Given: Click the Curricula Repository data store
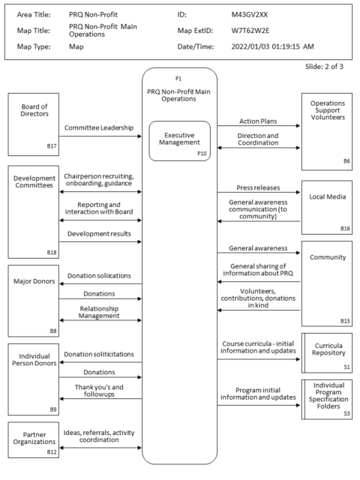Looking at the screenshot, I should pos(327,352).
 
